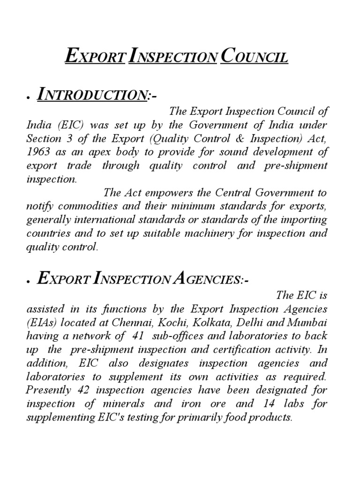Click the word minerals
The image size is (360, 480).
(124, 404)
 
